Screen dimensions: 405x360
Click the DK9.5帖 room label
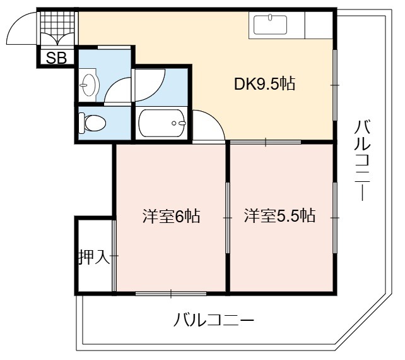[x=264, y=84]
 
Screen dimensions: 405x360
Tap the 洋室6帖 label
[x=171, y=216]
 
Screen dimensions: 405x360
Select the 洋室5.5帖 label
[x=279, y=215]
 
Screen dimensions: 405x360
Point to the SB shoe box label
[x=56, y=57]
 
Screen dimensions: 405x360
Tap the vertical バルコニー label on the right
[x=362, y=160]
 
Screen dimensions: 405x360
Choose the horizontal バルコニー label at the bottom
[x=214, y=320]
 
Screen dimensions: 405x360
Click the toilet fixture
[x=92, y=123]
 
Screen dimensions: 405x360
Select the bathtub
[x=162, y=123]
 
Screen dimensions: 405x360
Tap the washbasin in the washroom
[x=88, y=85]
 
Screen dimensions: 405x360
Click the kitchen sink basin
[x=270, y=25]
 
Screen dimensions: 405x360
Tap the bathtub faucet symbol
[x=179, y=123]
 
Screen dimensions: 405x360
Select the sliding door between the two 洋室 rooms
[x=228, y=218]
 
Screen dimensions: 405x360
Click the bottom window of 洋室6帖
[x=171, y=294]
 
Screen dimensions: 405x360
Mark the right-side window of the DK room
[x=335, y=85]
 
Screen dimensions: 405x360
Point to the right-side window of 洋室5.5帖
[x=335, y=218]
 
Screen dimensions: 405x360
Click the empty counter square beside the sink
[x=319, y=25]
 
